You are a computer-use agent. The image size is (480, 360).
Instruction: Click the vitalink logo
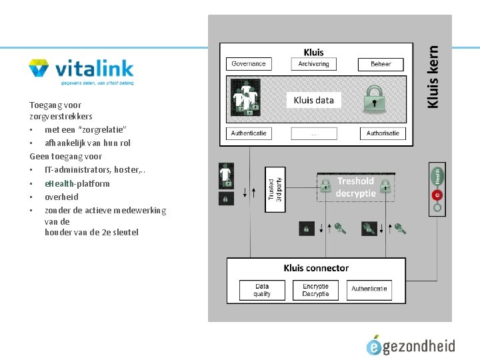tap(81, 71)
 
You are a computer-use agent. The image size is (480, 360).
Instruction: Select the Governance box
tap(249, 64)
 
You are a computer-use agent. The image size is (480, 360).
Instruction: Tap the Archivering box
tap(314, 64)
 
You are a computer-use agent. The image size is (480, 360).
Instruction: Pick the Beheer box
tap(381, 64)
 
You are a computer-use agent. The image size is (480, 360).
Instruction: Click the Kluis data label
tap(314, 100)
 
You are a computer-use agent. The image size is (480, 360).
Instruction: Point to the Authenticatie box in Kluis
tap(249, 133)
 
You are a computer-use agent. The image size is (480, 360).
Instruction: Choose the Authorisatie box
tap(383, 133)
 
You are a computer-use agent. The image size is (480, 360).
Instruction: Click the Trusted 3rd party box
tap(275, 189)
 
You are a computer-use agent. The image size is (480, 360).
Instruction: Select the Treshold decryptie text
tap(355, 187)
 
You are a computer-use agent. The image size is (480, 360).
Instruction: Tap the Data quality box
tap(262, 289)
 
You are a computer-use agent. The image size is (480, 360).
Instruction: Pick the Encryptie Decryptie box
tap(315, 289)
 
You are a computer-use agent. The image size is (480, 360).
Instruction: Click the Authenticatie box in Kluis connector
tap(369, 289)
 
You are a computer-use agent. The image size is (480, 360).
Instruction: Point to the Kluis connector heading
tap(316, 268)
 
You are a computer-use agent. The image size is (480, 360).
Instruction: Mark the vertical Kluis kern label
tap(433, 76)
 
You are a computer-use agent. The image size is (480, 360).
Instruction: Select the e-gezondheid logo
tap(411, 345)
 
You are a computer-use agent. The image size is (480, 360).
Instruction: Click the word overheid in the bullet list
tap(61, 197)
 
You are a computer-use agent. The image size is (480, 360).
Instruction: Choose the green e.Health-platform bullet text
tap(77, 183)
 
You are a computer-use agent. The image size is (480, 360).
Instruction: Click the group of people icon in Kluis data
tap(247, 99)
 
